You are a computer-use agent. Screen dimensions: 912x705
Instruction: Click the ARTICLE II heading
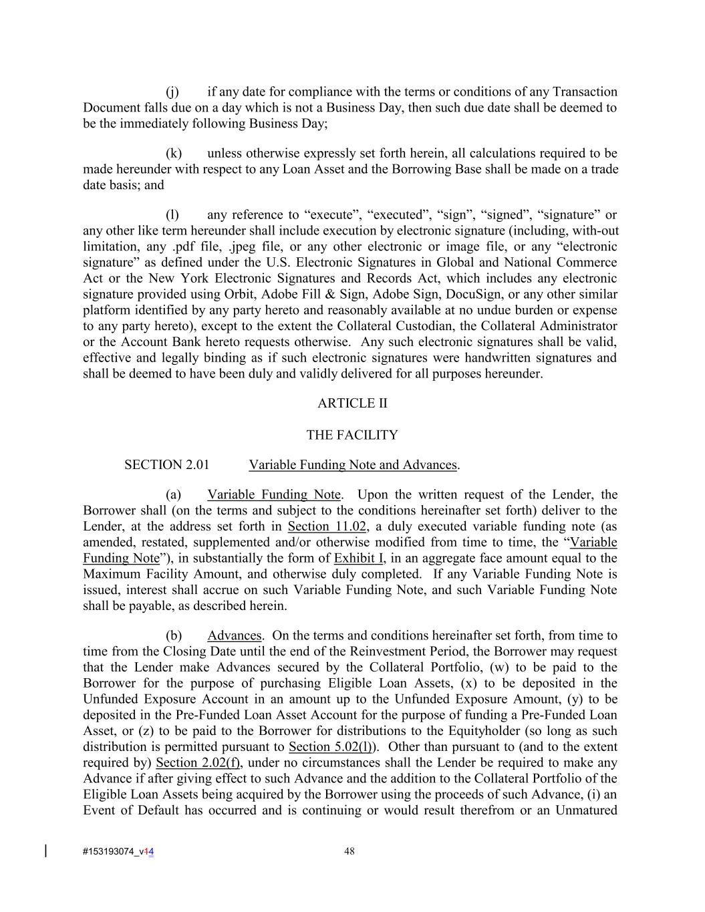(352, 404)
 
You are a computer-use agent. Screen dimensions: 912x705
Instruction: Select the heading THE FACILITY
(352, 436)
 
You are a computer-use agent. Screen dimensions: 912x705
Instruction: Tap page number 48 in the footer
(349, 851)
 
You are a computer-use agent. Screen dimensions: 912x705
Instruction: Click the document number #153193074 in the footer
(108, 852)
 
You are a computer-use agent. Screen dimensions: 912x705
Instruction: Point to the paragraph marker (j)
(172, 92)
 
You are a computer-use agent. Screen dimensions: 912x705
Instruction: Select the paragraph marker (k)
(173, 154)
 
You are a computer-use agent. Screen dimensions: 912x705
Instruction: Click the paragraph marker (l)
(172, 215)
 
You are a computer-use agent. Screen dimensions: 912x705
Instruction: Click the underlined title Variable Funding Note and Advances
(353, 465)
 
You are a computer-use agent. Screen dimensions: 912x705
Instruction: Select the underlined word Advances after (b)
(234, 636)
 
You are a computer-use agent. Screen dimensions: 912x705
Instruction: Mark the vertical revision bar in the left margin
(45, 851)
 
